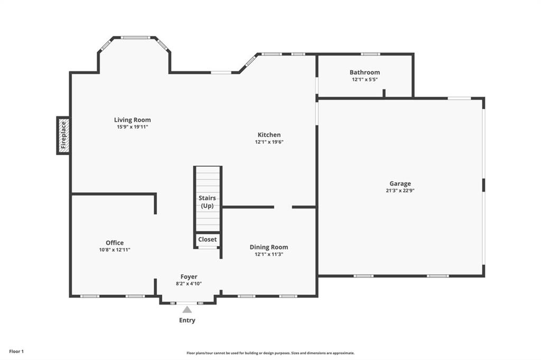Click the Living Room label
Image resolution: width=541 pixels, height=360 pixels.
tap(133, 120)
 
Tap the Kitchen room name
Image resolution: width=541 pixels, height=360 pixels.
tap(269, 135)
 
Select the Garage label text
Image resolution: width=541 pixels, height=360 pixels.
tap(400, 184)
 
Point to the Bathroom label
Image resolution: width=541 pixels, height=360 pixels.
tap(365, 72)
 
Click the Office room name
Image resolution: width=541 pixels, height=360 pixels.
tap(115, 243)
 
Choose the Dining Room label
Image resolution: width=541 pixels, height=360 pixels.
tap(269, 247)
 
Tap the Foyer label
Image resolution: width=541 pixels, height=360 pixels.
tap(189, 277)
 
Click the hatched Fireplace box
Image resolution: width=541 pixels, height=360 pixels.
tap(63, 136)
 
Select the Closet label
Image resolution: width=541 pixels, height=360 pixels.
tap(207, 239)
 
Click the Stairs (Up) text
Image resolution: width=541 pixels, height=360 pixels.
tap(207, 202)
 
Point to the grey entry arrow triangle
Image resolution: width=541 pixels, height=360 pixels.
tap(187, 309)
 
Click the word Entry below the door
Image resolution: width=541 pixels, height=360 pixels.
tap(187, 320)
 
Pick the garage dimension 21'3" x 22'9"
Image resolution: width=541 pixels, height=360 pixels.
tap(400, 191)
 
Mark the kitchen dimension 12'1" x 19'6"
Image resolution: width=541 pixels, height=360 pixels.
tap(269, 141)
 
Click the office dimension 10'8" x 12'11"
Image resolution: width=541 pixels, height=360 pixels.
tap(115, 250)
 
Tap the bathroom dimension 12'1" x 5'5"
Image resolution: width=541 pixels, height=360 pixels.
tap(365, 79)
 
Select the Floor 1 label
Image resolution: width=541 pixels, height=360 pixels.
tap(16, 352)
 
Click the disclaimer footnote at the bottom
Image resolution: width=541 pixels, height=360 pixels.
tap(270, 353)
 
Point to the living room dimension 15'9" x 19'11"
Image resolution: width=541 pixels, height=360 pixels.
tap(133, 127)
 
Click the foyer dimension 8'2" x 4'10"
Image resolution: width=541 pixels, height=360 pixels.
tap(189, 284)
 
